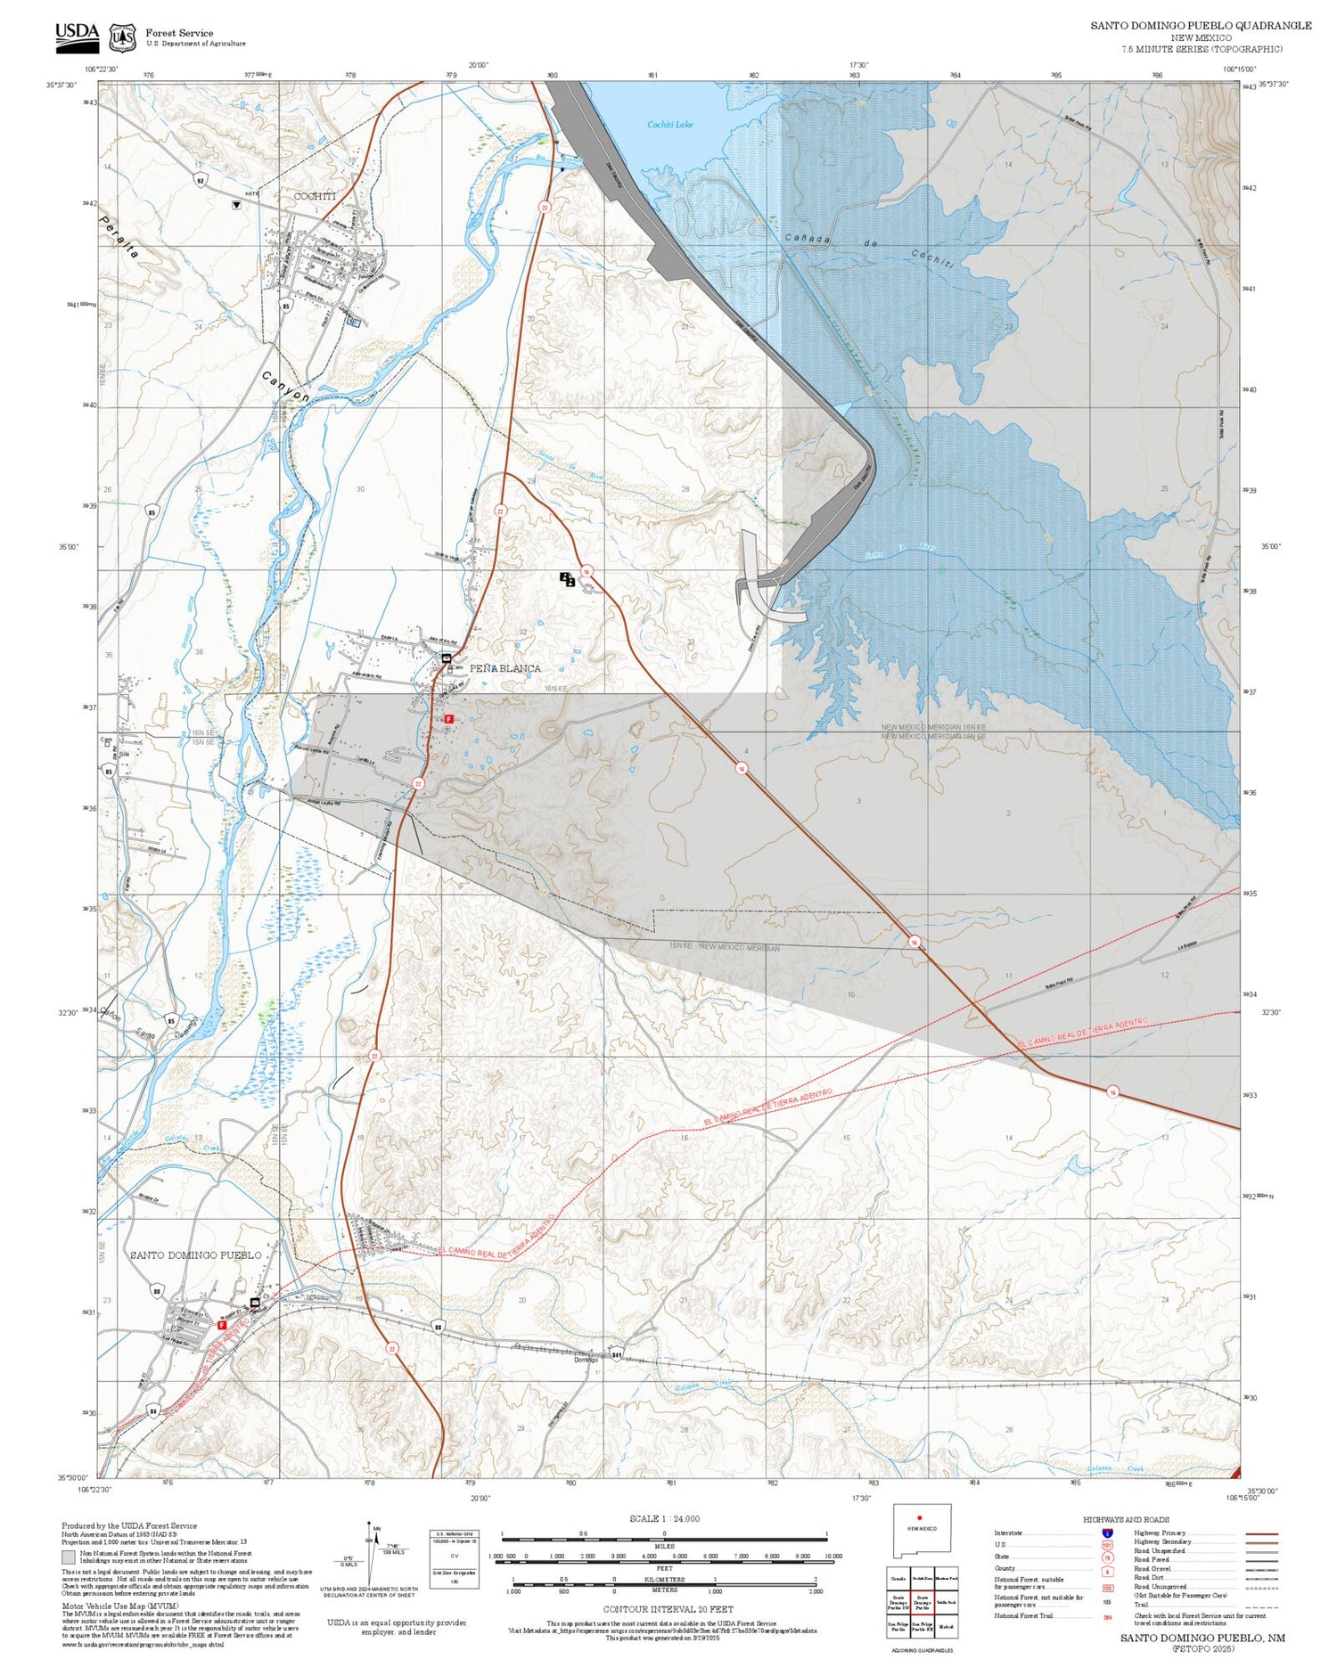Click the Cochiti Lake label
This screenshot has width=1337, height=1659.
tap(669, 125)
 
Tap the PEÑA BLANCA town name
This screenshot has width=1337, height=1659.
tap(504, 668)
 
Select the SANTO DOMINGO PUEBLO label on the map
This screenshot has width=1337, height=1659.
tap(196, 1254)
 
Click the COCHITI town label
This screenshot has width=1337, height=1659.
tap(315, 196)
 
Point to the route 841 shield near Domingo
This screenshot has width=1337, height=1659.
tap(616, 1356)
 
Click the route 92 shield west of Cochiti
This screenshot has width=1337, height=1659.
tap(201, 180)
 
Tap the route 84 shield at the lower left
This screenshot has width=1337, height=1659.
tap(153, 1410)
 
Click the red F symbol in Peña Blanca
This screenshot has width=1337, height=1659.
tap(449, 718)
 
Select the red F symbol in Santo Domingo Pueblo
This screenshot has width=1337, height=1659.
tap(222, 1325)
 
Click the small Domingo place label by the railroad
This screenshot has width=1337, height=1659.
tap(586, 1360)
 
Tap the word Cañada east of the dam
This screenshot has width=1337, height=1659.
tap(808, 239)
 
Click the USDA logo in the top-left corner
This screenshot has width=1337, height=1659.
tap(78, 36)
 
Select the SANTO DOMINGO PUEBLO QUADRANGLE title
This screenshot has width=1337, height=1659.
tap(1200, 26)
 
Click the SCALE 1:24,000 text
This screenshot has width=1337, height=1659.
tap(664, 1518)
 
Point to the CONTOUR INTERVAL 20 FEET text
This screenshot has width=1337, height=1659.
tap(668, 1609)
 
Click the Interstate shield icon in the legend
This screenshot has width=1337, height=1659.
tap(1108, 1532)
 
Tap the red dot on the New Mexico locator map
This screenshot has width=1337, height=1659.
tap(919, 1517)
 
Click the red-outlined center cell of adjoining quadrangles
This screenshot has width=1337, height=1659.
tap(922, 1601)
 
